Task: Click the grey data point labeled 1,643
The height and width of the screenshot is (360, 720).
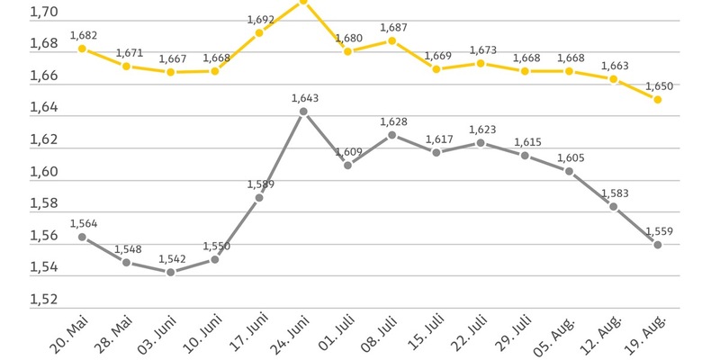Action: [x=303, y=112]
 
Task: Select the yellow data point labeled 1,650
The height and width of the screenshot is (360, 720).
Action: [x=658, y=100]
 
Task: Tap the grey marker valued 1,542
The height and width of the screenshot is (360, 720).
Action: [x=171, y=272]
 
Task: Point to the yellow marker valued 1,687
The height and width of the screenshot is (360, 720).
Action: [x=392, y=40]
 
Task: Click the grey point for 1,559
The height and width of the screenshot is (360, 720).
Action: [x=658, y=245]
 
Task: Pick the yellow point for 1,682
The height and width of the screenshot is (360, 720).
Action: [x=82, y=49]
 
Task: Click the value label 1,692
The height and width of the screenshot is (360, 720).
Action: [x=259, y=19]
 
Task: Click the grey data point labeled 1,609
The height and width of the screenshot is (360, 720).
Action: [x=348, y=166]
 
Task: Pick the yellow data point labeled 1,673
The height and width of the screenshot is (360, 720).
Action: [x=481, y=63]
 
